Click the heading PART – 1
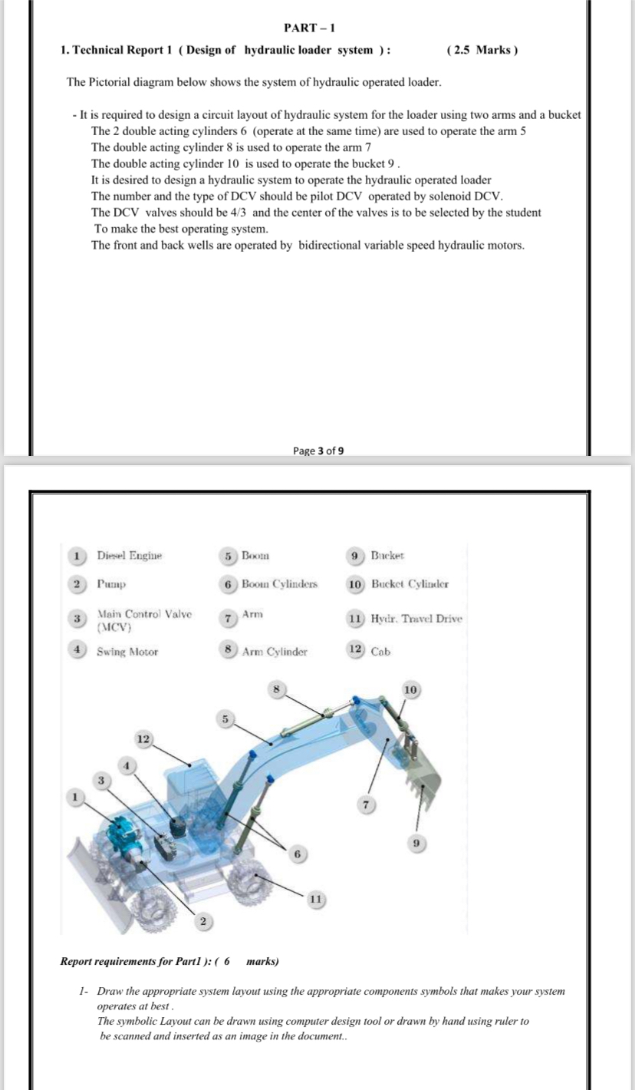(x=304, y=28)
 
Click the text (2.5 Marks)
(x=481, y=50)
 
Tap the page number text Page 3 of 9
(x=317, y=451)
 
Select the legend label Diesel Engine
(x=129, y=555)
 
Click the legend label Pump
(x=111, y=584)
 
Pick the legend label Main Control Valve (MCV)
(x=143, y=620)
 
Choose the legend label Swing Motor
(x=127, y=652)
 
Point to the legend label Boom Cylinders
(x=279, y=584)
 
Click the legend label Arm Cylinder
(x=274, y=652)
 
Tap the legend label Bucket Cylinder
(x=410, y=584)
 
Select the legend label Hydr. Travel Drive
(x=416, y=619)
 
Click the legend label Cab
(x=380, y=652)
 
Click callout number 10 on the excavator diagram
(x=411, y=690)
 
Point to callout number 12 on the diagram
(x=143, y=738)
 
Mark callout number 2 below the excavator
(x=203, y=921)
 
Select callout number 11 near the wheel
(x=315, y=899)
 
